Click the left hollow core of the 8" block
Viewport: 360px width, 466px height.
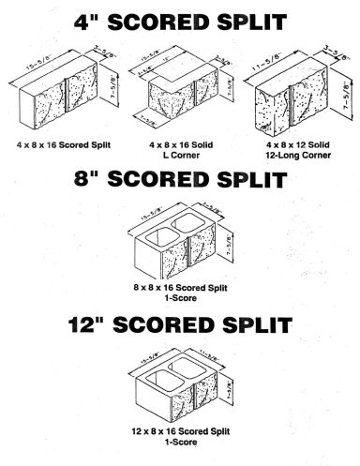pos(157,233)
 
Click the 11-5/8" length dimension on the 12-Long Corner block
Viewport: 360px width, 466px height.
pos(274,62)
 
